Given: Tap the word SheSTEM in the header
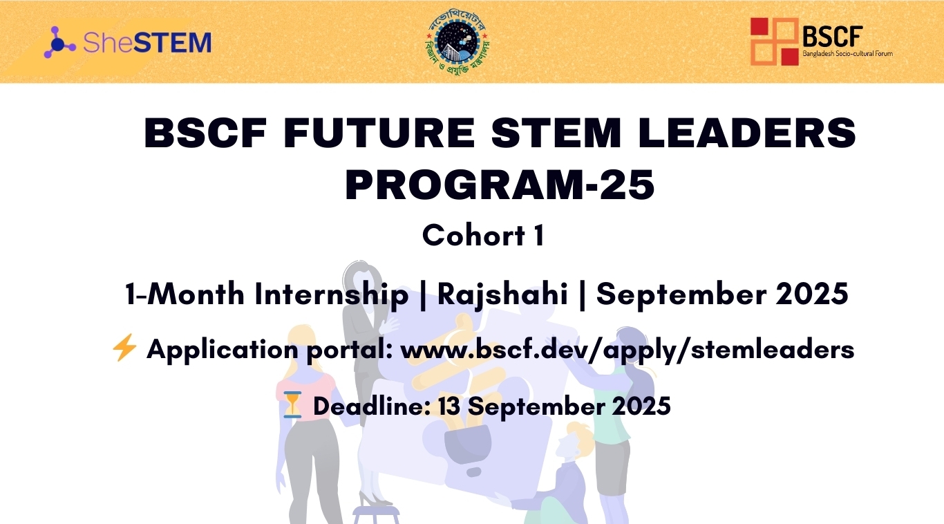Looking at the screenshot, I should pos(147,43).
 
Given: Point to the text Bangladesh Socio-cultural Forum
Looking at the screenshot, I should pos(847,53).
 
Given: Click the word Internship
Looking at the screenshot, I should pos(331,294).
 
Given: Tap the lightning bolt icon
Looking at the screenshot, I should pos(124,348).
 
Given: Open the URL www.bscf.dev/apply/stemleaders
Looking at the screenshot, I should pos(627,350).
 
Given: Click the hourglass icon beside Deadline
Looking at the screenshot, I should pos(293,404).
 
